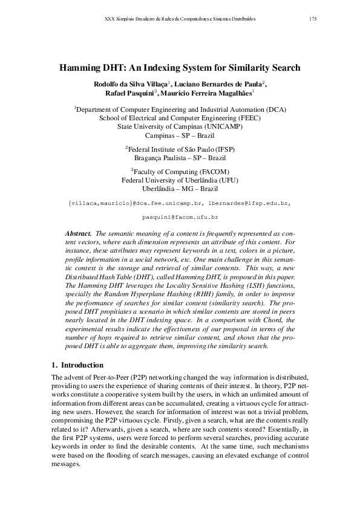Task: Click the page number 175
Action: coord(313,19)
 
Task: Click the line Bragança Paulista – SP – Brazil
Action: coord(180,158)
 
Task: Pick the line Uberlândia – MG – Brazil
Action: coord(180,189)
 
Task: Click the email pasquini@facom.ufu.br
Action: coord(180,216)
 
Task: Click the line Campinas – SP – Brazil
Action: coord(180,135)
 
